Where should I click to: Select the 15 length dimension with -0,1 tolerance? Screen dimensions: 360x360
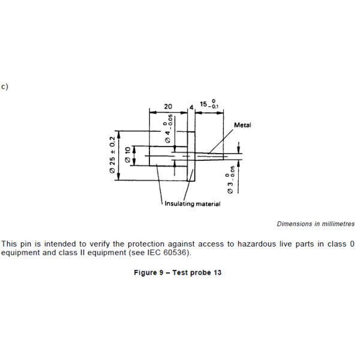[208, 104]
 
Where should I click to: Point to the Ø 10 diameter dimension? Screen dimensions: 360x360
[127, 155]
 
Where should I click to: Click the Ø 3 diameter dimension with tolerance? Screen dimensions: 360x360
[230, 182]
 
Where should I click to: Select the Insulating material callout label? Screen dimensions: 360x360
[192, 204]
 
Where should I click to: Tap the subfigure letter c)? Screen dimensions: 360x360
[4, 86]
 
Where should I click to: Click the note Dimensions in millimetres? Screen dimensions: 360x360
[315, 224]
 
